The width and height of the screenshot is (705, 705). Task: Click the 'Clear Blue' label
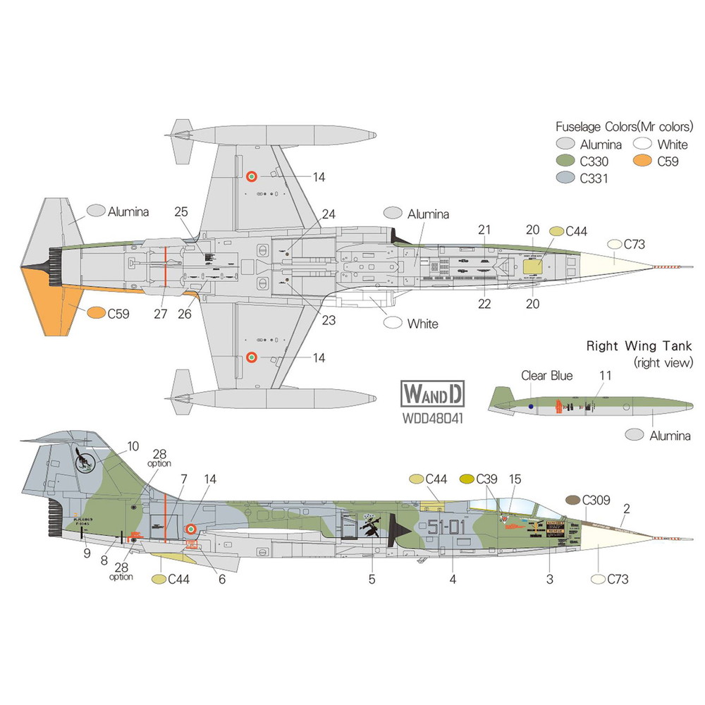[x=546, y=376]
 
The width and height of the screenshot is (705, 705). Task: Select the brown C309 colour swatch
[x=573, y=500]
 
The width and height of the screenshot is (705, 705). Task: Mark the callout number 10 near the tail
[x=133, y=446]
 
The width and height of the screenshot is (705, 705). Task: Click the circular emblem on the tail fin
[x=85, y=462]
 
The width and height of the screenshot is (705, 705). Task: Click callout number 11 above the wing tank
[x=604, y=376]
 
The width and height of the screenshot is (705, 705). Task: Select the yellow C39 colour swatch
[x=466, y=479]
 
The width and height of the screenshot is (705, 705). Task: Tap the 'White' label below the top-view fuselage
[x=422, y=324]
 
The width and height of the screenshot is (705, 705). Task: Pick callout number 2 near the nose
[x=627, y=508]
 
